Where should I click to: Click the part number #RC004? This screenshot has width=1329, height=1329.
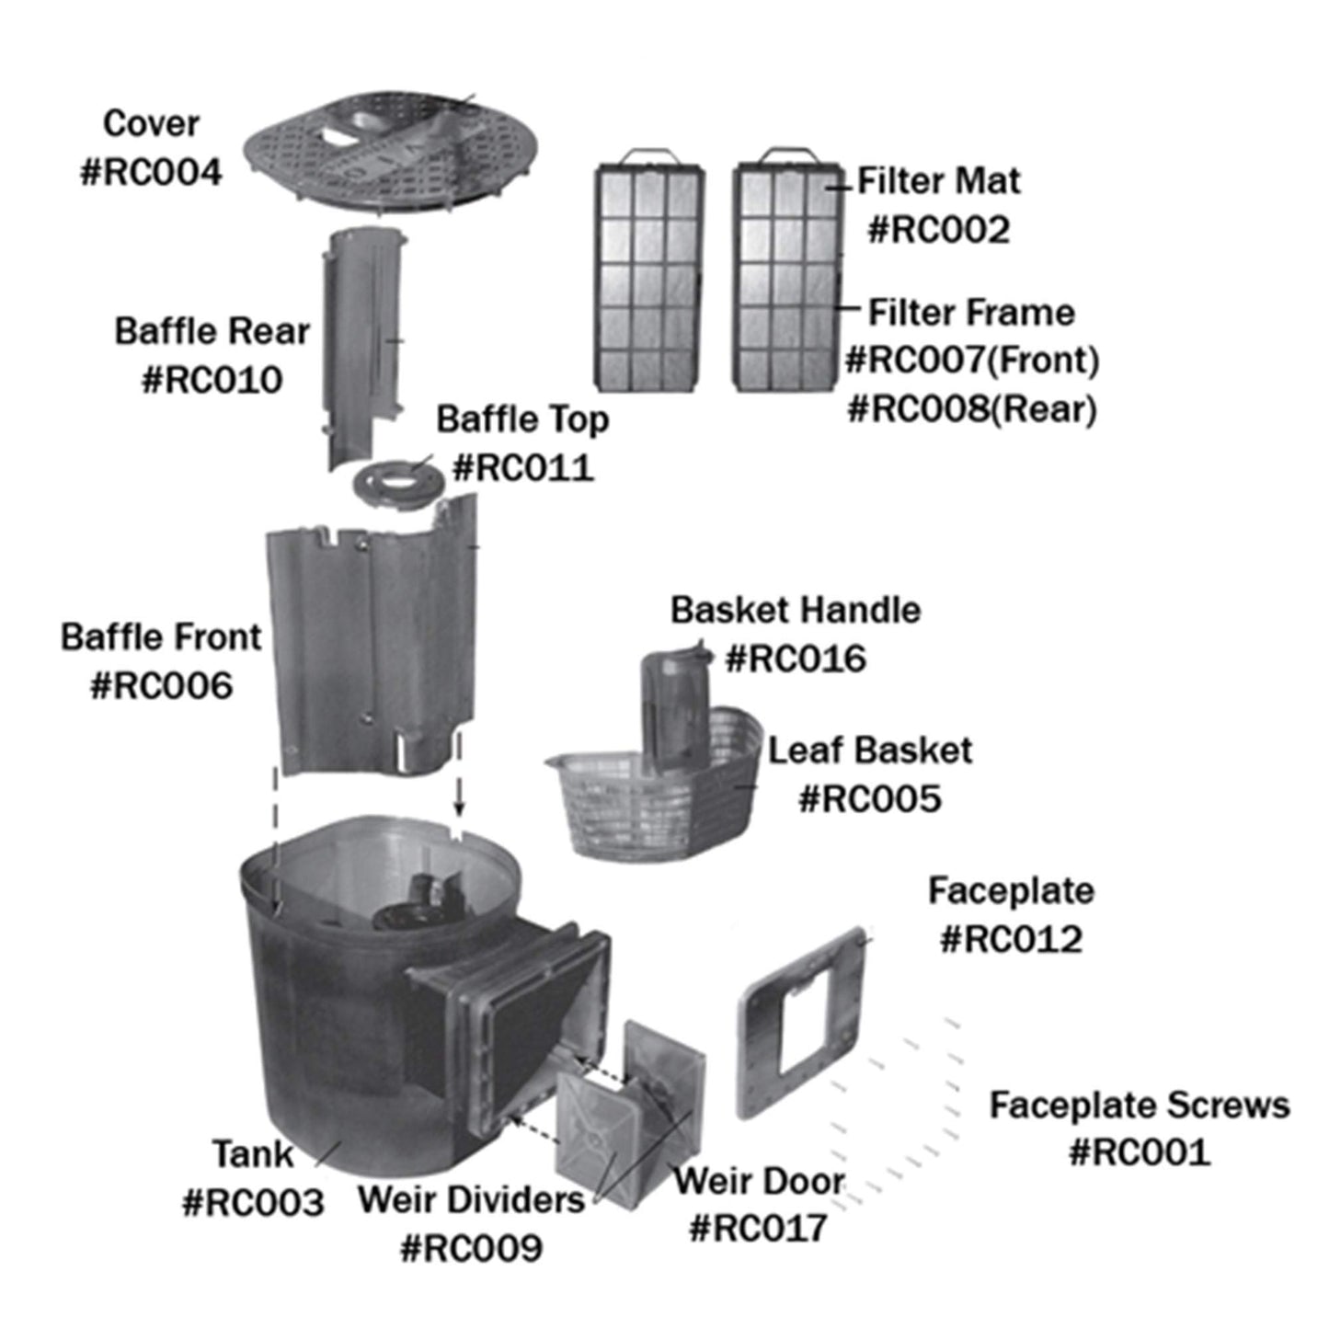point(152,172)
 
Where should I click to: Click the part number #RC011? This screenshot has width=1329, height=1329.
point(523,467)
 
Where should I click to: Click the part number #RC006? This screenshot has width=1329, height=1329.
point(161,685)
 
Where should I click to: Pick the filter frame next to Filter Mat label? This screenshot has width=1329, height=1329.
point(788,276)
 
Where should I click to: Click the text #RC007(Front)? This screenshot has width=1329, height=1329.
point(972,360)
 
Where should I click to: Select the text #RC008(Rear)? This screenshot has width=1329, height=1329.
point(972,408)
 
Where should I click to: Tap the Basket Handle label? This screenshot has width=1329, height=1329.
point(796,610)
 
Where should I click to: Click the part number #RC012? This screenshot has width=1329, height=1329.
point(1011,939)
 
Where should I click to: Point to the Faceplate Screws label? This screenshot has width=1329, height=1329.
point(1140,1105)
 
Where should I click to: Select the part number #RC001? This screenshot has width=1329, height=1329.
point(1140,1151)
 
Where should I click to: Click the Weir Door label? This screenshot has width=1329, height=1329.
point(759,1181)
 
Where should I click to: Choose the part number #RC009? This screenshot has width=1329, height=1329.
point(471,1248)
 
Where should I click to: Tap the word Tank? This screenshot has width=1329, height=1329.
point(253,1153)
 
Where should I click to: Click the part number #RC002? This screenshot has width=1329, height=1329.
point(939,229)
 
